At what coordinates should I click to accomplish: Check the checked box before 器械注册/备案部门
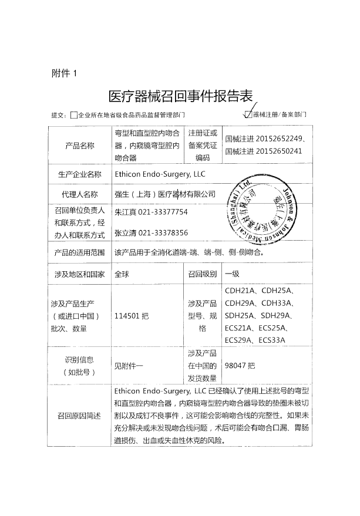[248, 115]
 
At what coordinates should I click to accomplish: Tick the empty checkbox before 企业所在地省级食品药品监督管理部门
[73, 116]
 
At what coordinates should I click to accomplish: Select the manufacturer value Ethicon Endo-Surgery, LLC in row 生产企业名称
[160, 174]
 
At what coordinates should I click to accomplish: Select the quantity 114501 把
[132, 315]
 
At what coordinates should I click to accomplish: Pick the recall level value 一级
[233, 274]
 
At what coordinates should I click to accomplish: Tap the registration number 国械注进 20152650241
[264, 151]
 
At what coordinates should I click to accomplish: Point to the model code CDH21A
[240, 291]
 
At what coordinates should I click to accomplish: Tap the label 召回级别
[203, 274]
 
